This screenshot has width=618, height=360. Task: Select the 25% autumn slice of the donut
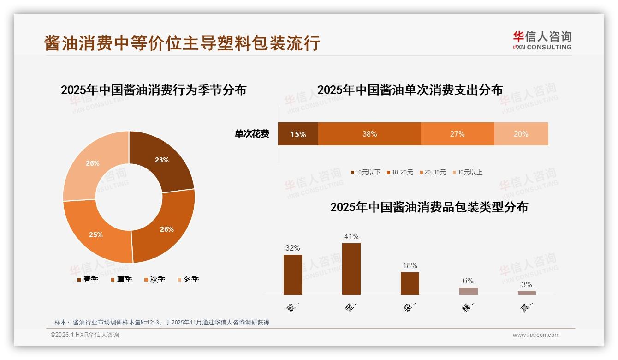coord(96,234)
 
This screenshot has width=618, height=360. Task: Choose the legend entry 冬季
coord(188,279)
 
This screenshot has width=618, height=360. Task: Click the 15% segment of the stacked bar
coord(298,134)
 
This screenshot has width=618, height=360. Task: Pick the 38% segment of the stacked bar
coord(369,134)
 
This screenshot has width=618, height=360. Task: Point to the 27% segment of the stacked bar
coord(457,134)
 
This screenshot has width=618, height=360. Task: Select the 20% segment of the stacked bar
coord(521,134)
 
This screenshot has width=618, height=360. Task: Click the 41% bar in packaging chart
coord(351,269)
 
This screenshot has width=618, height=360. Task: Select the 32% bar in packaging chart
coord(292,275)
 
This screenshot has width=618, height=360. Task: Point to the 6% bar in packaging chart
coord(468,291)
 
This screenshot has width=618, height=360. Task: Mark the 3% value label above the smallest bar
coord(527,284)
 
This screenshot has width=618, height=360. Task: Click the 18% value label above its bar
coord(410,265)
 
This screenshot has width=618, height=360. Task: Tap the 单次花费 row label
coord(252,134)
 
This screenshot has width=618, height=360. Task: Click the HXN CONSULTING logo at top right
coord(542,40)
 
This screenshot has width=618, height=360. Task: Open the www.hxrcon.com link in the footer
coord(536,335)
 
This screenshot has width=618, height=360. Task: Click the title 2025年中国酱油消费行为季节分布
coord(154,90)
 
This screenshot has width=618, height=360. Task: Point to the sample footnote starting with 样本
coord(161,323)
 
